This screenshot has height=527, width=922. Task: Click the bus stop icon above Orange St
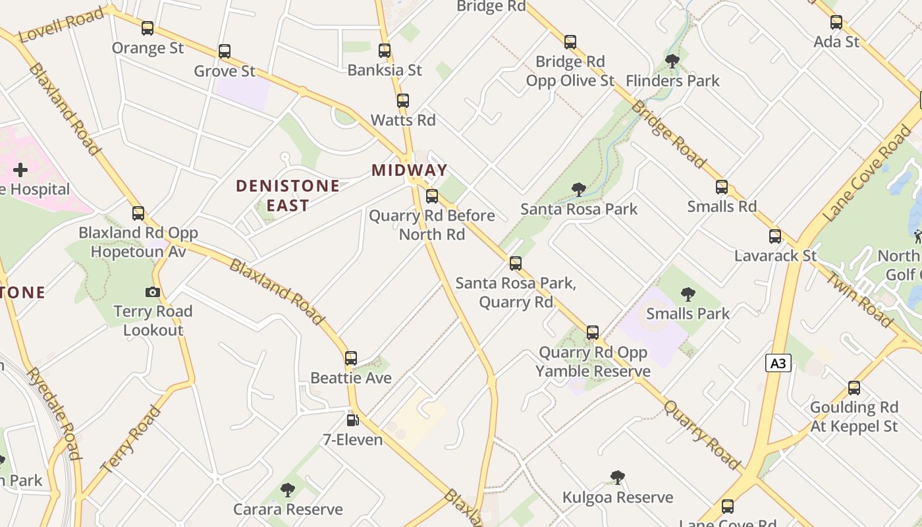coord(148,28)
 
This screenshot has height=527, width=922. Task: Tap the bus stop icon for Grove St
coord(225,51)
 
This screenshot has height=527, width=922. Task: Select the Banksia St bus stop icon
coord(385,50)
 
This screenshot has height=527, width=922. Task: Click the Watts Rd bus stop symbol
coord(403,101)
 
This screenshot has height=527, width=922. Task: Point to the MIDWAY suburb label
coord(410,170)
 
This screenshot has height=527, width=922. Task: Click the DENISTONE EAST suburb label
coord(288,196)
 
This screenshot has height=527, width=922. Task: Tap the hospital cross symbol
coord(20,170)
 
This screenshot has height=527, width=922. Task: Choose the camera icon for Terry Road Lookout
coord(153,292)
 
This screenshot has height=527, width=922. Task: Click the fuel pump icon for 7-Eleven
coord(353,420)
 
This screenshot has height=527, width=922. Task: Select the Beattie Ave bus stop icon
coord(351,358)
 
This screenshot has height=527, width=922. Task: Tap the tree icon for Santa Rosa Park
coord(579,190)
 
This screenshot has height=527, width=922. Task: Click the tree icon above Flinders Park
coord(672,61)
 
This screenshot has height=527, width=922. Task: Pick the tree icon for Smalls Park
coord(688,294)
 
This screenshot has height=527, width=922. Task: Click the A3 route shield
coord(778,363)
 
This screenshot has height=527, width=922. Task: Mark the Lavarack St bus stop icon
coord(775,236)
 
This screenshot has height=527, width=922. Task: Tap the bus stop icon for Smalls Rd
coord(722,187)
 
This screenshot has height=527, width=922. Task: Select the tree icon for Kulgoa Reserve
coord(617,477)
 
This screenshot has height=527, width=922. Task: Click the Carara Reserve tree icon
coord(288,489)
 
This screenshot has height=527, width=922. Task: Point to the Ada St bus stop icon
coord(836,22)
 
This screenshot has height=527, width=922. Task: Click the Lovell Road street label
coord(62,25)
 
